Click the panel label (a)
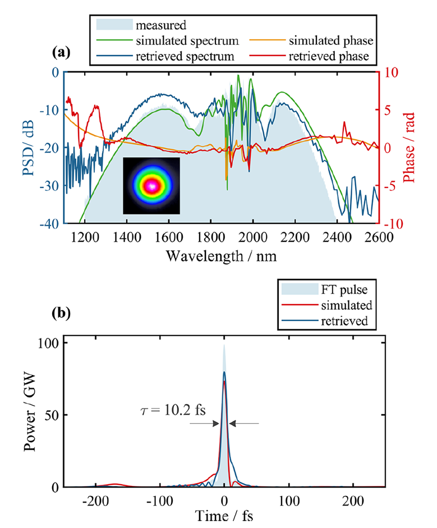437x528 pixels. click(x=61, y=53)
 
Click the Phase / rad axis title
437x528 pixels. click(x=408, y=148)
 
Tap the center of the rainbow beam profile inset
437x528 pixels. click(x=151, y=186)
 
